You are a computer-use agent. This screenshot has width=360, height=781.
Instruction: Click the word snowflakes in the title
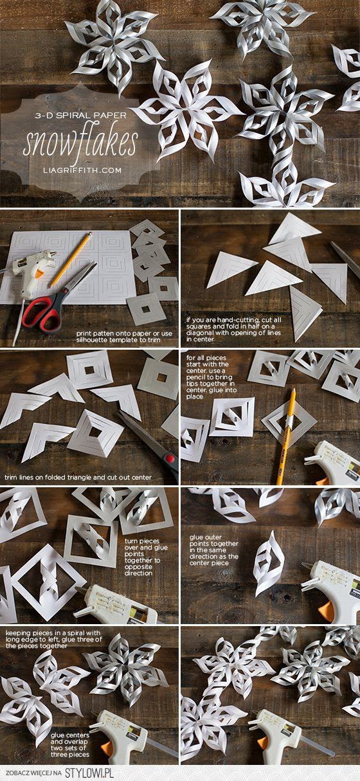tap(80, 143)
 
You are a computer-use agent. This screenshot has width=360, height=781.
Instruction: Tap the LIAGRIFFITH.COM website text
tap(82, 170)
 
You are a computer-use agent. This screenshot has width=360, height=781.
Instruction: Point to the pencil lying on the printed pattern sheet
tap(71, 260)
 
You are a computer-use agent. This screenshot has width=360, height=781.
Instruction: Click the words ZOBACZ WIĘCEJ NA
tap(33, 773)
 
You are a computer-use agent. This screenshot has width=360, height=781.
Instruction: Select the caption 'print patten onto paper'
tap(124, 336)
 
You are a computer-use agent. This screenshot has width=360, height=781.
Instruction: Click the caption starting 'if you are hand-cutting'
tap(234, 329)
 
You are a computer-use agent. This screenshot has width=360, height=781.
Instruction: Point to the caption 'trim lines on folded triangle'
tap(78, 477)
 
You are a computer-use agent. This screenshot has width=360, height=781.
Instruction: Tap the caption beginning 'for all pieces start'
tap(212, 377)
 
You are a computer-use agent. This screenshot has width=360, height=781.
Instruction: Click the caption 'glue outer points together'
tap(214, 550)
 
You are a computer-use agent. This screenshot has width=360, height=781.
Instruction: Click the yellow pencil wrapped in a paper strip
tap(285, 436)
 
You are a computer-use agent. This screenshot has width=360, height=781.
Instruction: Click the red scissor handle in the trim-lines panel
tap(170, 458)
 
